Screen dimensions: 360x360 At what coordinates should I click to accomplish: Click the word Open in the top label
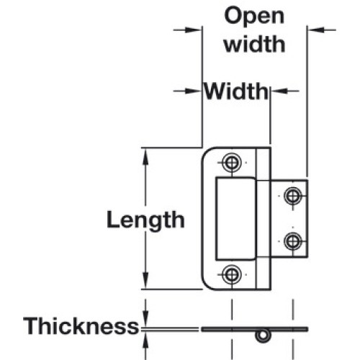pos(254,16)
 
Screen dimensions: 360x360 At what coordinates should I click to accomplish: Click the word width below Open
pos(255,44)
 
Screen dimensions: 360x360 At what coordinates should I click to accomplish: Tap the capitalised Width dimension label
pos(236,91)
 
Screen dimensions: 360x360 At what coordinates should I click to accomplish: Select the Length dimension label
pos(145,220)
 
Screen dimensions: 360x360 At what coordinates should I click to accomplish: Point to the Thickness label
pos(81,326)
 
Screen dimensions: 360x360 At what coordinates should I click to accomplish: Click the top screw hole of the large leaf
pos(231,163)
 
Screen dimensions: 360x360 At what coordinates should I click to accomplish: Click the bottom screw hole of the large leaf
pos(231,274)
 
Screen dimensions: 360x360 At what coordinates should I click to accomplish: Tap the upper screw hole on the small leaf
pos(292,196)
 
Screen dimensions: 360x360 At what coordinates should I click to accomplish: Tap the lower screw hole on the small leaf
pos(292,241)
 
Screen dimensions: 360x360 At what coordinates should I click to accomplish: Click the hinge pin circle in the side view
pos(263,336)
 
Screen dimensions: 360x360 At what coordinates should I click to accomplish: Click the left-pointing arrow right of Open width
pos(322,30)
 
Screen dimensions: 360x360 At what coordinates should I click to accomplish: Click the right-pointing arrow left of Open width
pos(187,30)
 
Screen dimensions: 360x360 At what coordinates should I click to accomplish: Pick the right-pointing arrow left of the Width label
pos(187,91)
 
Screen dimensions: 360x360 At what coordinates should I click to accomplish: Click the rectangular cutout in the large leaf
pos(235,219)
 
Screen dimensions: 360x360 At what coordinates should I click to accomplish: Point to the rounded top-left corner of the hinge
pos(206,152)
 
